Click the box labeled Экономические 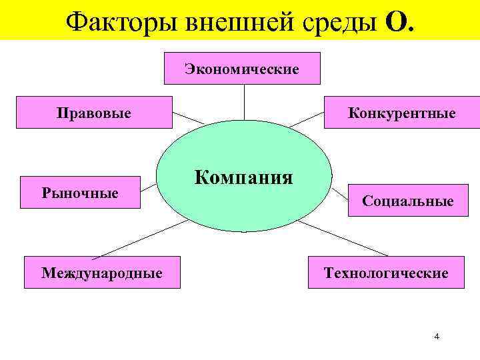point(242,69)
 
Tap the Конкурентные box point(401,113)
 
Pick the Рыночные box point(80,193)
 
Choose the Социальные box point(407,201)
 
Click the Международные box point(101,272)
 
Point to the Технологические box point(385,272)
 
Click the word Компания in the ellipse point(243,177)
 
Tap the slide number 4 point(436,336)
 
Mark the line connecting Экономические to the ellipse point(244,101)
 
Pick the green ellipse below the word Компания point(243,210)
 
